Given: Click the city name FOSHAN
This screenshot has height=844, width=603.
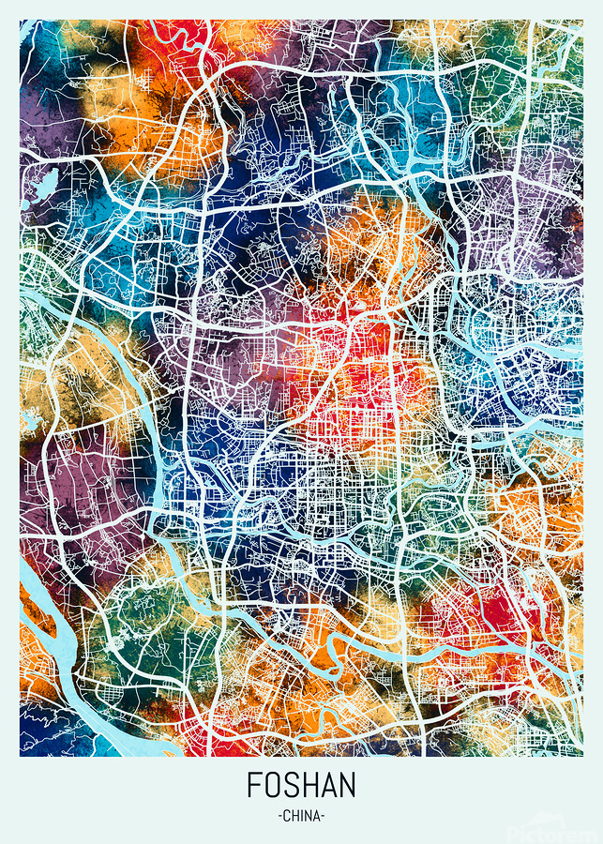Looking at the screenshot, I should (x=301, y=784).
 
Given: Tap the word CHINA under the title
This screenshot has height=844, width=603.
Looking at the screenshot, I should (x=301, y=816).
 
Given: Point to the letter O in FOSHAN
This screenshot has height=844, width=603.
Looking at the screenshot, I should (x=273, y=784).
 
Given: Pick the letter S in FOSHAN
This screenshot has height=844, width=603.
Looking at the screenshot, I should (x=292, y=784).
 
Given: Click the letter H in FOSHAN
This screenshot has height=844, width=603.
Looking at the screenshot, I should (x=309, y=784).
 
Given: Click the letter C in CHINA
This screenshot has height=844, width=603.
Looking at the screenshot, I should (x=287, y=816).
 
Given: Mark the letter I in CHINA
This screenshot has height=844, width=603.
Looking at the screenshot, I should (x=302, y=816).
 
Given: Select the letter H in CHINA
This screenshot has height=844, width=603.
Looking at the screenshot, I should (x=295, y=816).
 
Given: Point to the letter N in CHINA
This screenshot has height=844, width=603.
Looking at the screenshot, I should (x=309, y=816).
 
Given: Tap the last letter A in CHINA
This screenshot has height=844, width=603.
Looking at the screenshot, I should (x=317, y=816).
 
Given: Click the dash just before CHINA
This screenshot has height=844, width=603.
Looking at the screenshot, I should (x=280, y=816).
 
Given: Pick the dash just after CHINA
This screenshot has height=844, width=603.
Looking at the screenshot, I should (x=324, y=816).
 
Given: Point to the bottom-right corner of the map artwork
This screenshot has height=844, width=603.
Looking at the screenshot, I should (x=582, y=756).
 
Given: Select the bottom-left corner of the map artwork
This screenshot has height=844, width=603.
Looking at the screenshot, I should (x=21, y=756).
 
